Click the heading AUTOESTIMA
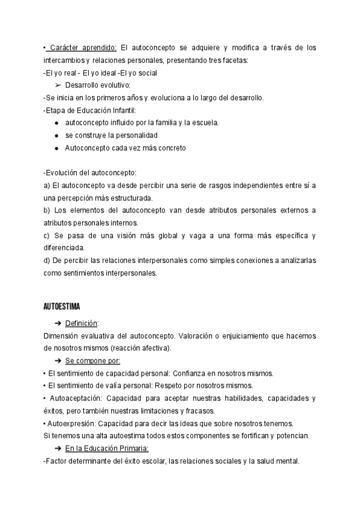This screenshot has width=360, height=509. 62,307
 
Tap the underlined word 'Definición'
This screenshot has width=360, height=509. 82,324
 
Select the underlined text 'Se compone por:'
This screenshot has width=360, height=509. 92,361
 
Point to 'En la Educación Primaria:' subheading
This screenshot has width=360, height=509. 107,448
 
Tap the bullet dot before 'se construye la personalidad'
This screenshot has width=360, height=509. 56,135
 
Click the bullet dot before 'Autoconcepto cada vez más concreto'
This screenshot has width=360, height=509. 56,148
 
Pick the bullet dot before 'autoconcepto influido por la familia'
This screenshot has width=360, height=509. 56,122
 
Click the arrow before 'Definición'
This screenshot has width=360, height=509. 58,324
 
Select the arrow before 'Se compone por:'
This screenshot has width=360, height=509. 58,361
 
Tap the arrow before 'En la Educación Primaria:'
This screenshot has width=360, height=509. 58,448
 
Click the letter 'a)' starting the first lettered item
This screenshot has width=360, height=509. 47,185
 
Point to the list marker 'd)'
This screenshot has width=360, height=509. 47,261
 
